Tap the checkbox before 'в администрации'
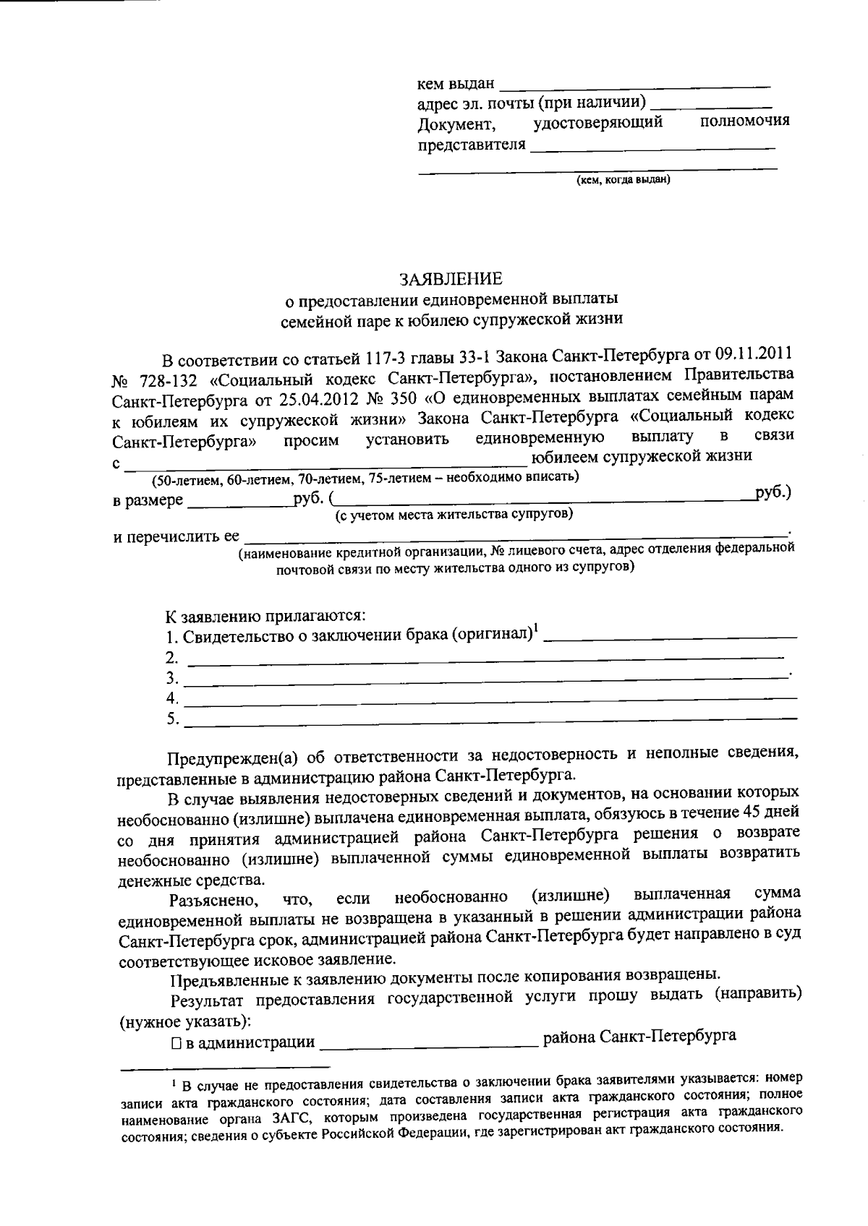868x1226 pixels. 176,1043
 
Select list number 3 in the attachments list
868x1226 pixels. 172,679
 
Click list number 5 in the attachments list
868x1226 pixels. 172,719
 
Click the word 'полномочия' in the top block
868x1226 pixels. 745,121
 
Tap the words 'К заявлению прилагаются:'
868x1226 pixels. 266,617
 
